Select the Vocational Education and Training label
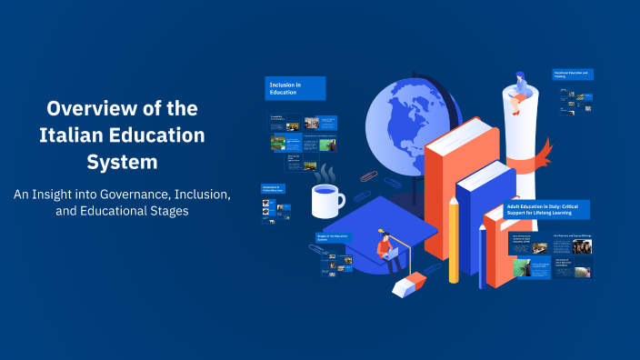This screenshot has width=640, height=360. pos(573,74)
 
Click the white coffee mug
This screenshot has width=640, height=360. pos(326,199)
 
